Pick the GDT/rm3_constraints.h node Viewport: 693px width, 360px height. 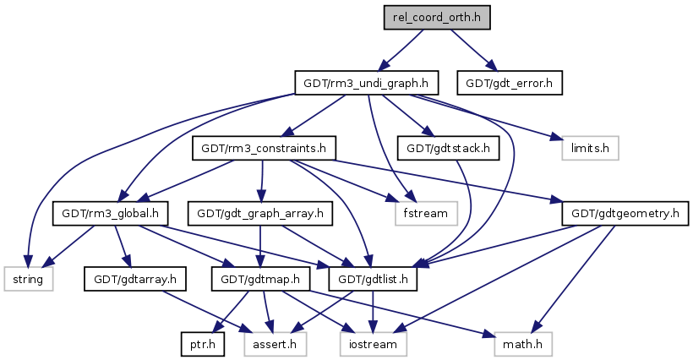(263, 148)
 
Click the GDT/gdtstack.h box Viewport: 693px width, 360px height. (447, 148)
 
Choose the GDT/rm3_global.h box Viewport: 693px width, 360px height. (109, 212)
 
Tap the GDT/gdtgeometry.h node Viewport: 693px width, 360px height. (625, 212)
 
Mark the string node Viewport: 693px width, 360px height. (29, 277)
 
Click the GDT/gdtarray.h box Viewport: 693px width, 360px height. (128, 277)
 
